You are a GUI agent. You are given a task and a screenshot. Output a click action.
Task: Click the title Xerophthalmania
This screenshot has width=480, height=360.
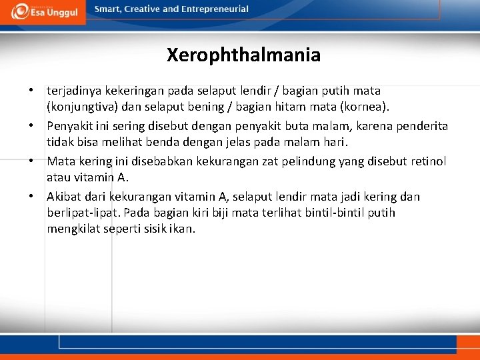(x=243, y=55)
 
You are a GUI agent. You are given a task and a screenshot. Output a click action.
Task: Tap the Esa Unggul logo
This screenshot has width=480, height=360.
(x=44, y=11)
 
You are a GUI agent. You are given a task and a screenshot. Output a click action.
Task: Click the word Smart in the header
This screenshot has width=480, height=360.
(x=109, y=9)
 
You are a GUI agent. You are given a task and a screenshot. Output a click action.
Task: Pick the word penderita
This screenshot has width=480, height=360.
(x=423, y=126)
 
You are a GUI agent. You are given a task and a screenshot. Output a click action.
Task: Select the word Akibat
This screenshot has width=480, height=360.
(x=63, y=197)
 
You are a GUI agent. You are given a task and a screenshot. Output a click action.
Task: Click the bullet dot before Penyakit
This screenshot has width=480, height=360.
(x=31, y=126)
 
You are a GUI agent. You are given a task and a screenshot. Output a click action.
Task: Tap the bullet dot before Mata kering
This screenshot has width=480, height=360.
(x=31, y=161)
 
